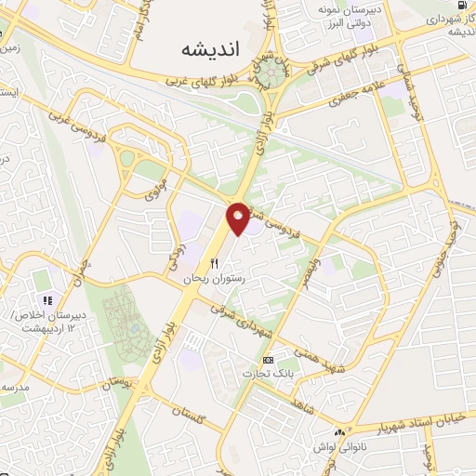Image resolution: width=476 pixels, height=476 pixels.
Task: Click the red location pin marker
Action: [x=238, y=218]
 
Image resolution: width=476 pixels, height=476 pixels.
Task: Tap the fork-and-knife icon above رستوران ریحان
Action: [x=215, y=263]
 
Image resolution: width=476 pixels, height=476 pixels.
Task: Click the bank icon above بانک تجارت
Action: [x=269, y=359]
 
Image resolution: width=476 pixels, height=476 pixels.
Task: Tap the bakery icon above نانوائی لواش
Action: [x=342, y=432]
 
